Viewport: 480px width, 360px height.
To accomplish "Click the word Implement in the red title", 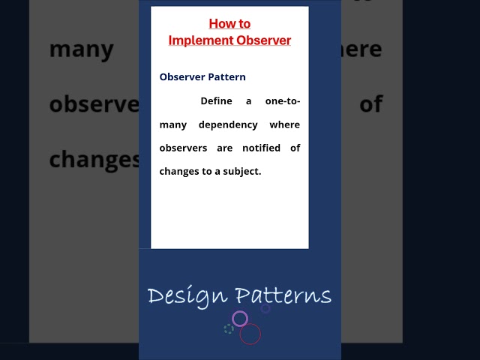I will (x=199, y=40).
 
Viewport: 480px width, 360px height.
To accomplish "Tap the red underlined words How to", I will (x=229, y=24).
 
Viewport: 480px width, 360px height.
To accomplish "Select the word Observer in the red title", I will (x=262, y=40).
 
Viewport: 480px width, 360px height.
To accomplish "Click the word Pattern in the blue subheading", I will (x=227, y=76).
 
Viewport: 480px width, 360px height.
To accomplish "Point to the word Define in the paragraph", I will (x=216, y=100).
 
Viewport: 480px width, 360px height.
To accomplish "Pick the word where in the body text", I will (x=286, y=124).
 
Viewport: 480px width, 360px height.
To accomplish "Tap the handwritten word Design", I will (x=187, y=295).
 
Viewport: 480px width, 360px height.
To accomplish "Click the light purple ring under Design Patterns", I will (x=240, y=319).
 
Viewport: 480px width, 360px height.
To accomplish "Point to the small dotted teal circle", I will (x=229, y=328).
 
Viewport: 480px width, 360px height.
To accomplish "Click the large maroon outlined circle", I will (x=250, y=334).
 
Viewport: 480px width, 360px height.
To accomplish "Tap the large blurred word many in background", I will (x=81, y=50).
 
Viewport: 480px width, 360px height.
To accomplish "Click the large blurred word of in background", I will (x=371, y=104).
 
